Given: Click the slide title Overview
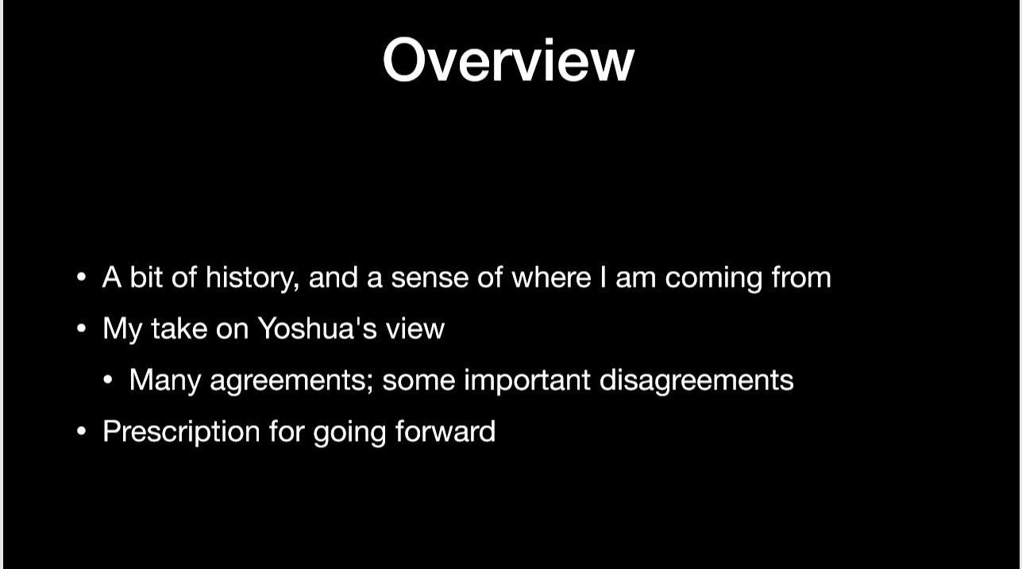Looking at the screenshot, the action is point(509,60).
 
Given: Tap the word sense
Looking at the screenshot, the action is point(430,278).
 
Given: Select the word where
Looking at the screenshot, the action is point(551,277).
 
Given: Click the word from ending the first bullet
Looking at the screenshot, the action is point(801,277).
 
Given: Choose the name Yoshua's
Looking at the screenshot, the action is point(317,328).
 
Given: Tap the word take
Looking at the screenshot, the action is point(179,328).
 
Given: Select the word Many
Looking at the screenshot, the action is point(165,381).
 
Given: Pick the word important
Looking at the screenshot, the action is point(527,381).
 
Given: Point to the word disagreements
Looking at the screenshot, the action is point(696,381).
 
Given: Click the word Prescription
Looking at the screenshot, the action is point(181,432).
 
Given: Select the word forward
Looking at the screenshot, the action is point(445,431).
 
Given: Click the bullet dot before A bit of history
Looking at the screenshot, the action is point(81,277).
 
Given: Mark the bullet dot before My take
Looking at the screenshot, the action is point(81,328).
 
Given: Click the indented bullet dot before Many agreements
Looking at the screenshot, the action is point(108,380).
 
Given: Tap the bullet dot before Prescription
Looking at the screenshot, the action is point(81,431).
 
